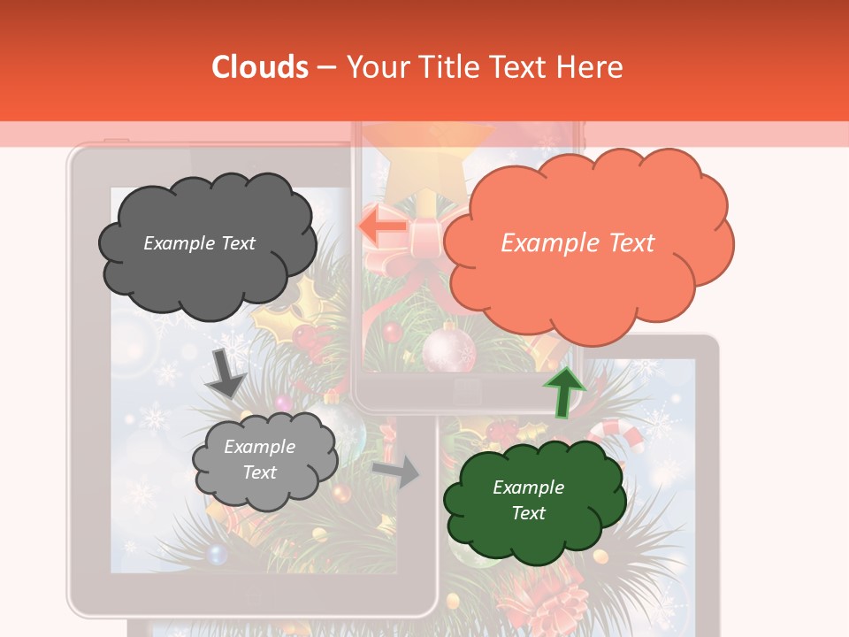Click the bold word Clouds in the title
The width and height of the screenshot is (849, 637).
pyautogui.click(x=260, y=67)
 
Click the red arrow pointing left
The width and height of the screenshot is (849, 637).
pyautogui.click(x=383, y=226)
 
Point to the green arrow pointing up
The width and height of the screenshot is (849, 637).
pyautogui.click(x=563, y=392)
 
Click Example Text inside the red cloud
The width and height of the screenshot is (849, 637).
pyautogui.click(x=577, y=243)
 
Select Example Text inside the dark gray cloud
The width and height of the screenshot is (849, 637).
pyautogui.click(x=199, y=243)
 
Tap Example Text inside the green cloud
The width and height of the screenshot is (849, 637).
pyautogui.click(x=528, y=500)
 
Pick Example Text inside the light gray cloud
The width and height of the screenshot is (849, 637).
pyautogui.click(x=260, y=460)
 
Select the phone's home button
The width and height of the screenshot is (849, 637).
pyautogui.click(x=466, y=389)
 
